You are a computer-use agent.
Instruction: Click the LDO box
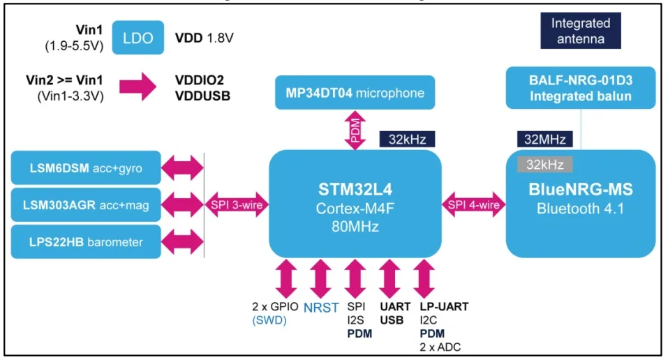tap(138, 38)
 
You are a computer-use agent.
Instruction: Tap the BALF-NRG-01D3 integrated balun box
tap(581, 87)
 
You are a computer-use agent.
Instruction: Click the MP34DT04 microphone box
tap(355, 93)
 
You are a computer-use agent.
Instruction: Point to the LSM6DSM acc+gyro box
tap(86, 168)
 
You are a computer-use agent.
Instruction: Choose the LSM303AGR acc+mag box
tap(86, 205)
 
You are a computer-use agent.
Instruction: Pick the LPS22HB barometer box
tap(86, 242)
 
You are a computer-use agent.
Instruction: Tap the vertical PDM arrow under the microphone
tap(355, 130)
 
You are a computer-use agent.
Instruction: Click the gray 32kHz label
tap(544, 165)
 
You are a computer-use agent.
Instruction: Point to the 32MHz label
tap(545, 139)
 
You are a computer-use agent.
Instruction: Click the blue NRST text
tap(320, 308)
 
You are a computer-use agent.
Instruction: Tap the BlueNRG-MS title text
tap(580, 190)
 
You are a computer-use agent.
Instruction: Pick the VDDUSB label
tap(203, 94)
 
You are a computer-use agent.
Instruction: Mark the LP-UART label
tap(444, 307)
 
